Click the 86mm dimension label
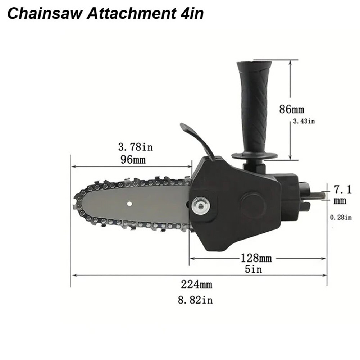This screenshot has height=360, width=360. coord(292,109)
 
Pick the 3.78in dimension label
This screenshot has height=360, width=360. coord(136,147)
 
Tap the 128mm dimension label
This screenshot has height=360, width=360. coord(256,258)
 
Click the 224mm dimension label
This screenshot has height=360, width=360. coord(196,284)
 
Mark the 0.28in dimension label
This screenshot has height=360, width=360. coord(340,217)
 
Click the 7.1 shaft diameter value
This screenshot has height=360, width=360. coord(340,188)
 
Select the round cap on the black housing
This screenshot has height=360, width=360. coord(252,206)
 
